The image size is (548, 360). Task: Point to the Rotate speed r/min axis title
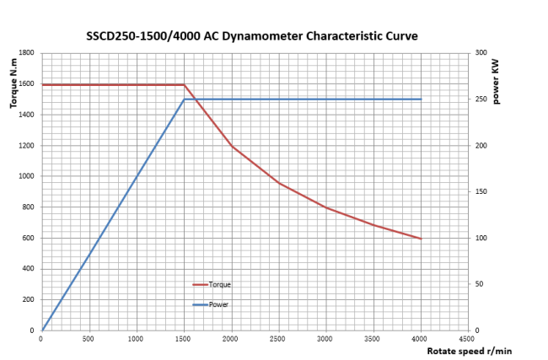coord(470,351)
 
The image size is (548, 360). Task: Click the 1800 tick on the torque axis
coord(26,53)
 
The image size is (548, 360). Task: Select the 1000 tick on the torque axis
coord(26,176)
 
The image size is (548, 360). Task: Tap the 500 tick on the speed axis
coord(89,338)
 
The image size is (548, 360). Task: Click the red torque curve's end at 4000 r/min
coord(421,239)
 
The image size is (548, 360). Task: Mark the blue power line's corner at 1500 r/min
coord(184,99)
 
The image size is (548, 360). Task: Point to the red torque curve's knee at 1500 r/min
coord(184,84)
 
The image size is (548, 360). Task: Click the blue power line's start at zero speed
coord(42,330)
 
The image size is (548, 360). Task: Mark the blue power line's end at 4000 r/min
coord(421,99)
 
